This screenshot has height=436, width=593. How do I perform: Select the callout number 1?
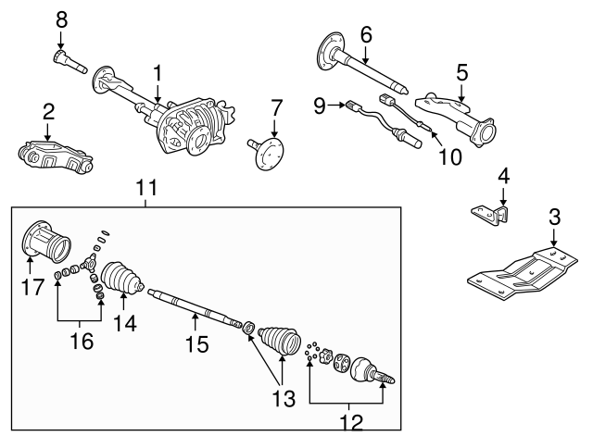coord(158,71)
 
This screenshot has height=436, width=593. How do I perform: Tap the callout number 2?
coord(48,112)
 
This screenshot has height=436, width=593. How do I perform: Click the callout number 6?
coord(366,35)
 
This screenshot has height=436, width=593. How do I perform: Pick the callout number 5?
coord(461,70)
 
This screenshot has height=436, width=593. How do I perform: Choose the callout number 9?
coord(321,107)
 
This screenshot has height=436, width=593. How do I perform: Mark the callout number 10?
coord(448,156)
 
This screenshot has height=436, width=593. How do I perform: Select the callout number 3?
coord(554,218)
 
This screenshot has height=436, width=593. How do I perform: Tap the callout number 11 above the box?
coord(145,188)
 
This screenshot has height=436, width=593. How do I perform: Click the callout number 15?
coord(196,344)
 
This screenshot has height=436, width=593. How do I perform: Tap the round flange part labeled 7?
coord(267,151)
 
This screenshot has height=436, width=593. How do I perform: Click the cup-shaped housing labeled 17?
coord(46,243)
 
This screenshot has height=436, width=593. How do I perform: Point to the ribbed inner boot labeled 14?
coord(120,280)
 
